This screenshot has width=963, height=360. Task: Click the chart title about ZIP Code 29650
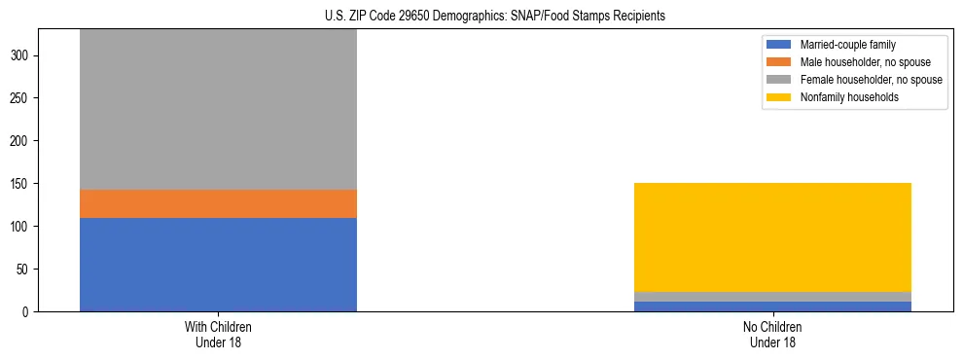coord(495,17)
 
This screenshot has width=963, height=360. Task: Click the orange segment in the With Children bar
coord(218,203)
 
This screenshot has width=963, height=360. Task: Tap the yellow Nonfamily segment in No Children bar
coord(772,237)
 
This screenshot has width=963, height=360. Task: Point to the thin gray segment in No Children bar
coord(772,297)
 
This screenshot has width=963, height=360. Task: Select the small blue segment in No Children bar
coord(772,306)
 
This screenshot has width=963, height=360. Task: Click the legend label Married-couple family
coord(847,45)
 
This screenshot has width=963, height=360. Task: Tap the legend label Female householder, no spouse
coord(871,80)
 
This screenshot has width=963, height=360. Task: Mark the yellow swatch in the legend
coord(779,97)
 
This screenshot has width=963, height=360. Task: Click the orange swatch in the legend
coord(779,62)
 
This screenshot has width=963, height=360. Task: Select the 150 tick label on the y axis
coord(22,184)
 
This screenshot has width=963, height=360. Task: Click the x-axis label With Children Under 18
coord(218,334)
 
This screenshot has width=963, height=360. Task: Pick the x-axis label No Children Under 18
coord(772,334)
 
